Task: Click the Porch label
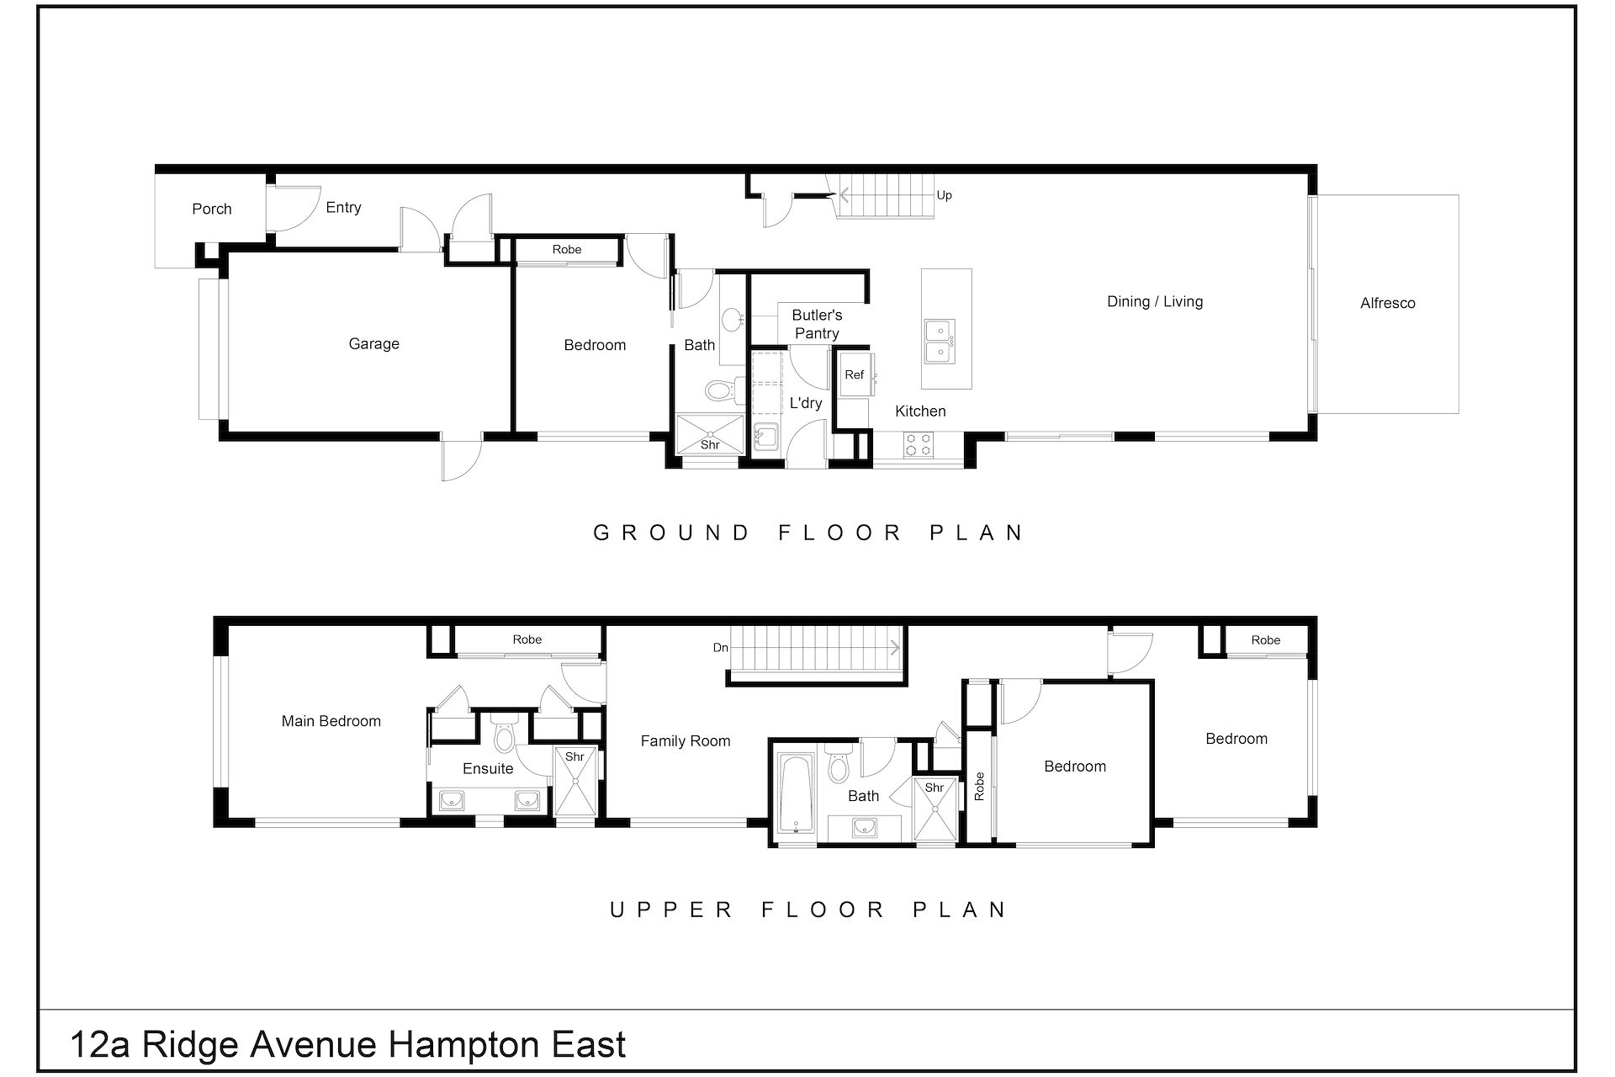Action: [x=211, y=209]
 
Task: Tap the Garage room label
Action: [x=373, y=343]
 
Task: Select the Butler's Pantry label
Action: [x=817, y=324]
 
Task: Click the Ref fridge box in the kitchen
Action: [x=854, y=375]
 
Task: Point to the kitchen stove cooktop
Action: [x=918, y=444]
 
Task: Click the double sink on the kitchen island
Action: [x=939, y=341]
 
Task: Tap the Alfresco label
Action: [x=1387, y=303]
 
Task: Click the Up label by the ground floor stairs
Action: [x=944, y=195]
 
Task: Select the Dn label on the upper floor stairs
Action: [x=720, y=647]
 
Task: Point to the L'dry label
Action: [x=805, y=403]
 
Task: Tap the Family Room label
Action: [x=685, y=740]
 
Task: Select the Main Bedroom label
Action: [x=331, y=721]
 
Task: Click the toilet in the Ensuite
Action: [x=504, y=735]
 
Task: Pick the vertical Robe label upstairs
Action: [x=979, y=786]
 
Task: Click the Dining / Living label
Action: [x=1154, y=301]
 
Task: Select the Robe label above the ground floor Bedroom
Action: [x=567, y=249]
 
